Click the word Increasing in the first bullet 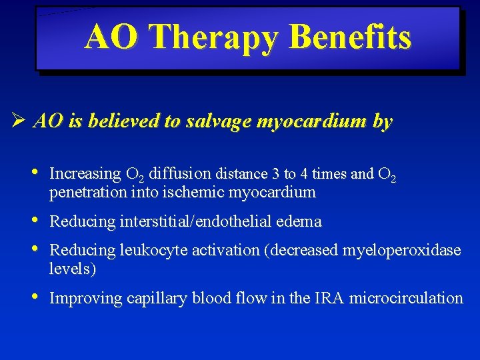point(85,174)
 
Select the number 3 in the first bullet point(275,174)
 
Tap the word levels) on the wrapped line point(72,269)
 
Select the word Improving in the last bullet point(85,298)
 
